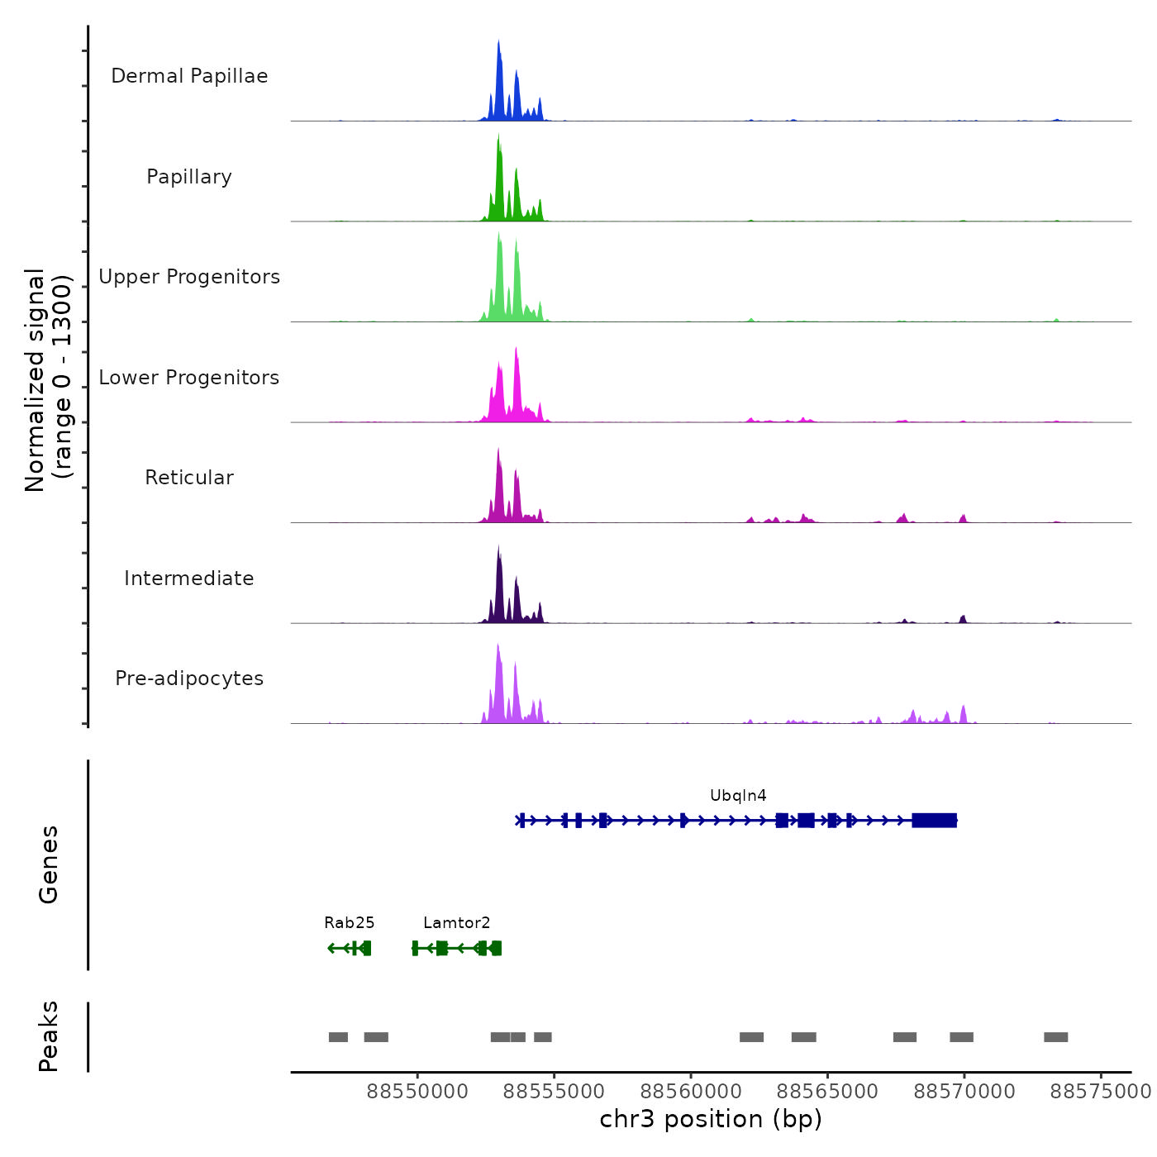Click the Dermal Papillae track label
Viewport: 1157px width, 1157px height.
[x=189, y=76]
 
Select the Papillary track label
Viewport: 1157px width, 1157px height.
[x=189, y=177]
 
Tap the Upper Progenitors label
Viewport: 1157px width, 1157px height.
[x=189, y=277]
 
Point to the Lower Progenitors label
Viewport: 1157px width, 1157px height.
[x=189, y=378]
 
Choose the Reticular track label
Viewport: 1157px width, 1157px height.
[x=189, y=478]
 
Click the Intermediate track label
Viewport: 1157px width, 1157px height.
[x=189, y=578]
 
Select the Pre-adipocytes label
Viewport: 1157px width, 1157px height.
[x=189, y=678]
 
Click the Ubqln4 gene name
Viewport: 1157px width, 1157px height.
[x=738, y=796]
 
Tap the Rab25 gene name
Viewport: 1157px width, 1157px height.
[x=349, y=923]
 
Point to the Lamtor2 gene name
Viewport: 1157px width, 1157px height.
[x=456, y=923]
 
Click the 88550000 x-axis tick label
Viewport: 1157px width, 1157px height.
[x=417, y=1092]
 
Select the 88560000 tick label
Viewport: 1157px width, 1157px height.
[x=691, y=1092]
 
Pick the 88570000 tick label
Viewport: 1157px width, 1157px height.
[x=964, y=1092]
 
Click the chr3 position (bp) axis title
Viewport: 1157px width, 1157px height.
[x=711, y=1119]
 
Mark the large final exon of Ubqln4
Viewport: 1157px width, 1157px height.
[x=934, y=821]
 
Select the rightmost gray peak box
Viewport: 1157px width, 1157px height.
[x=1055, y=1037]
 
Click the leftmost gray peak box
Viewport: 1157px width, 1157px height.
[x=338, y=1037]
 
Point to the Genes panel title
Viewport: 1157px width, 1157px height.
[x=49, y=864]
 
